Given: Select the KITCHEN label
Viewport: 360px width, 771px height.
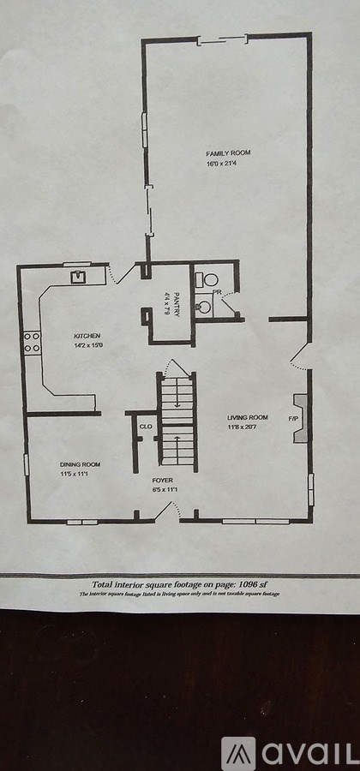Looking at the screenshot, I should pos(87,335).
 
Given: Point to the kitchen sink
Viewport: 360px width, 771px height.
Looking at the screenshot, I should pos(78,276).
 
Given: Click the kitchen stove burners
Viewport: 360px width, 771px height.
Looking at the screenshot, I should pos(33,343).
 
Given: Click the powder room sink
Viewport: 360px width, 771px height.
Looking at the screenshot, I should pos(204,306).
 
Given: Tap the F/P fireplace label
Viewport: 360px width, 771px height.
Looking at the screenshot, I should pos(292,419).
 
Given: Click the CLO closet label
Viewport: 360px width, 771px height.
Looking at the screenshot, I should pos(146,425).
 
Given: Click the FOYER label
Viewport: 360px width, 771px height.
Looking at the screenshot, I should pos(163,481).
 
